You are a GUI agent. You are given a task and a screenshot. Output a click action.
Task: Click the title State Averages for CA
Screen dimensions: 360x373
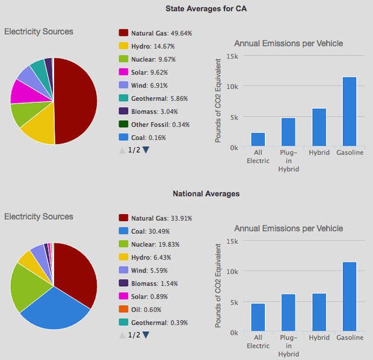pos(206,9)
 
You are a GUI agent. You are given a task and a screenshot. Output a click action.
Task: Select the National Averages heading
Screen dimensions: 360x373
pos(206,194)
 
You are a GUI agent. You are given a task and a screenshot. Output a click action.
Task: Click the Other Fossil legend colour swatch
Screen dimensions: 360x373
pos(123,125)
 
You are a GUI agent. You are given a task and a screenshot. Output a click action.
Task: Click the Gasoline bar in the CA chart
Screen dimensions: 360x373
pos(349,111)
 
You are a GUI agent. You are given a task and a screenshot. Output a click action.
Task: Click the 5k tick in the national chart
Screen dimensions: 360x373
pos(234,302)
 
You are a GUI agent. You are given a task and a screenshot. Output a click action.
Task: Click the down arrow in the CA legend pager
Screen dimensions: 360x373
pos(146,150)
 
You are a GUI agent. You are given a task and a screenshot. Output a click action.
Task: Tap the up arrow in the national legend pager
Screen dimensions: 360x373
pos(122,335)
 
